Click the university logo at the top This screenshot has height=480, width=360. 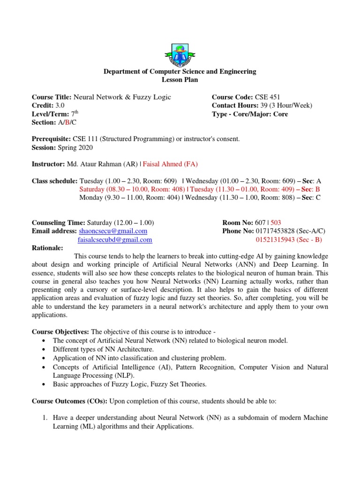point(180,52)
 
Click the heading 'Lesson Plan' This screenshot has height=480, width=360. point(180,80)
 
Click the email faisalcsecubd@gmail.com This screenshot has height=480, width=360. point(115,240)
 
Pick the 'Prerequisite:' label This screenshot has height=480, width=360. point(51,139)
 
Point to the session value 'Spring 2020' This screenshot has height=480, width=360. point(75,148)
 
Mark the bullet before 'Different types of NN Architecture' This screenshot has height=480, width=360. point(44,349)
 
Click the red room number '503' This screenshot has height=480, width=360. point(276,223)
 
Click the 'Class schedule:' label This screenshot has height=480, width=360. point(54,180)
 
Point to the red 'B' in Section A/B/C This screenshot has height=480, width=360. point(66,122)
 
